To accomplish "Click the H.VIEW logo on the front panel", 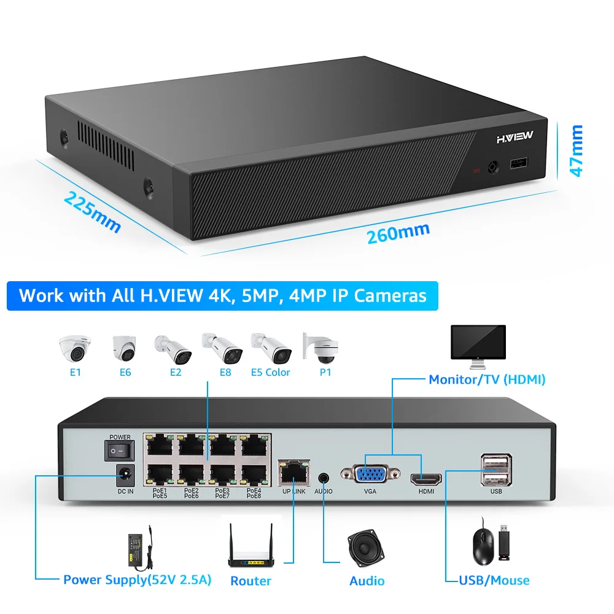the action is [515, 137].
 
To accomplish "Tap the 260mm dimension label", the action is [398, 233].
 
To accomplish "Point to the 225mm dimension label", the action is [93, 212].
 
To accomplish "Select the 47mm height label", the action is [577, 151].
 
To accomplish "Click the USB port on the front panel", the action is [519, 163].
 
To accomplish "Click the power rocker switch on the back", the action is [120, 451].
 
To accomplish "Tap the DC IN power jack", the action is [126, 475].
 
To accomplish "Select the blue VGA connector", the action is [370, 474].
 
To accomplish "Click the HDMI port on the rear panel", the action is [426, 479].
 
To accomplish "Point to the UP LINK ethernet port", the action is [294, 473].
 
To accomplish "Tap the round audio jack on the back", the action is [324, 478].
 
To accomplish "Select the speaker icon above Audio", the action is [366, 548].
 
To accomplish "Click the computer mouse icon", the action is [484, 543].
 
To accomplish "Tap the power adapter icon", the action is [140, 548].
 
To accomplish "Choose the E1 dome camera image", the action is [75, 348].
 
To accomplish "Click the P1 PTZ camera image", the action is [321, 348].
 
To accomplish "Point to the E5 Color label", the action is [271, 373].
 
